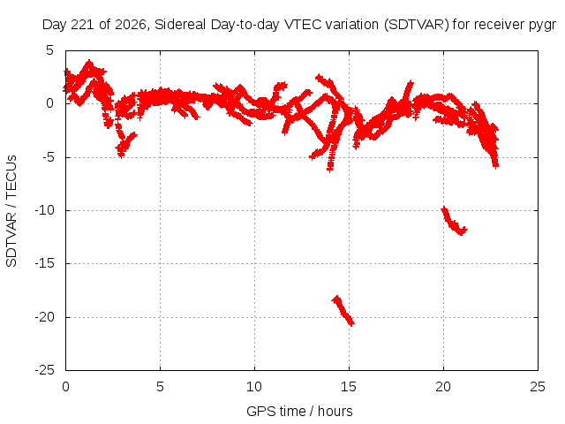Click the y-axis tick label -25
pos(45,370)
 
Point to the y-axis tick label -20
pos(45,317)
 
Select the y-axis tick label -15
pos(45,263)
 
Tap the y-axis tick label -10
pos(45,210)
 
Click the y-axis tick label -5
pos(48,157)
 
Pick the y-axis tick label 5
pos(49,50)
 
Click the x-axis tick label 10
pos(254,387)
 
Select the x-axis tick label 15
pos(349,387)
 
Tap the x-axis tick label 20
pos(443,387)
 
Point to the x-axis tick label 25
pos(538,387)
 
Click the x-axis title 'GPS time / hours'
pos(299,412)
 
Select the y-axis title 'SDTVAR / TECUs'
pos(11,211)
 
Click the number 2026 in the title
pos(131,25)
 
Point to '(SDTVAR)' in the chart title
pos(416,25)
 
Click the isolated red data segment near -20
pos(343,310)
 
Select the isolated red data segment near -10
pos(453,221)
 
